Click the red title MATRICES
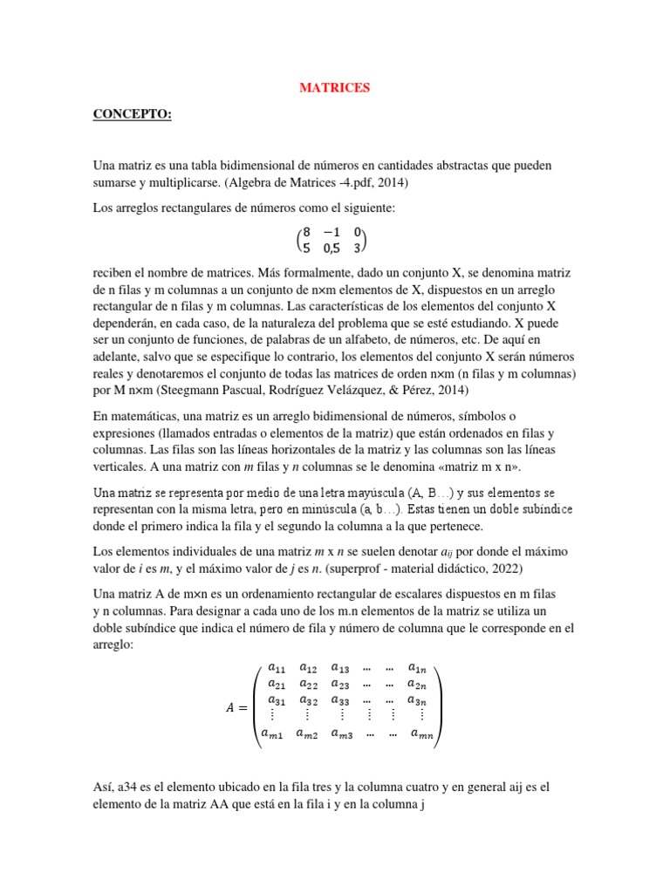(335, 88)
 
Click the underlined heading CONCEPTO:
(132, 116)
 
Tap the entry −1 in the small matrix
(331, 232)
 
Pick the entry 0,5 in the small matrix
(331, 248)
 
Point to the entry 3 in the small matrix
(357, 248)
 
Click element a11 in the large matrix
(276, 668)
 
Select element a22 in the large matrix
(309, 685)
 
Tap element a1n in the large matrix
(418, 668)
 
